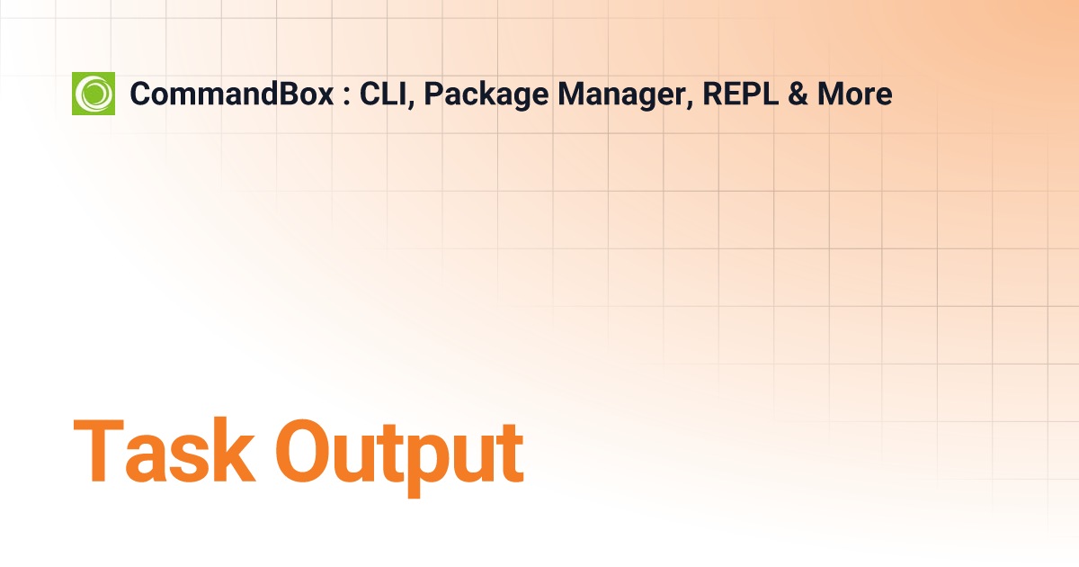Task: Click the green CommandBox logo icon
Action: point(94,94)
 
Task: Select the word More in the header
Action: point(855,94)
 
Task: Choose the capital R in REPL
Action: point(714,94)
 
